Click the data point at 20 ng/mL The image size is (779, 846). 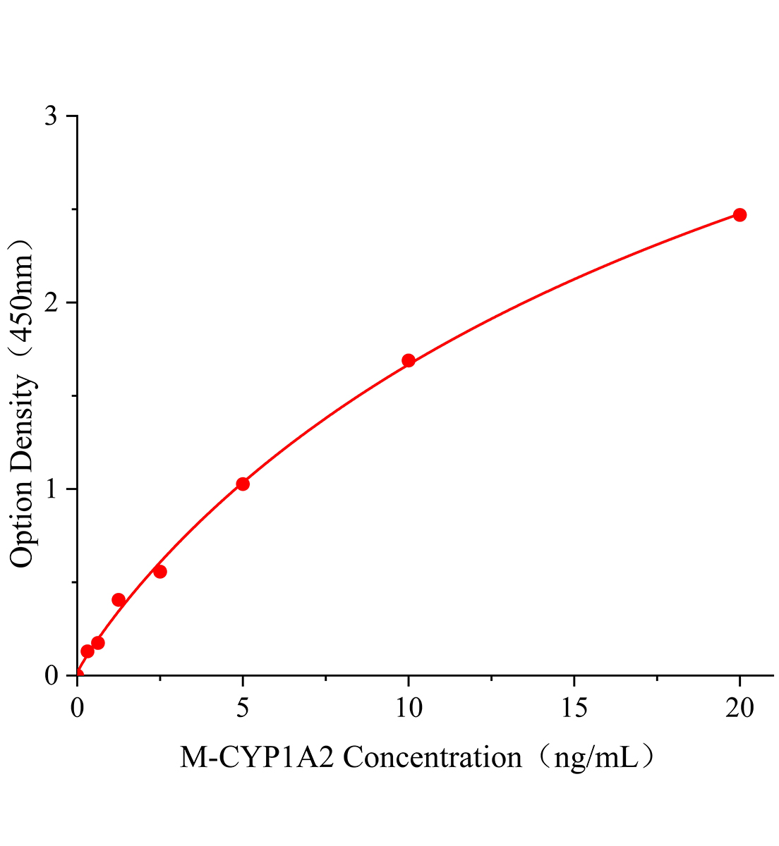739,215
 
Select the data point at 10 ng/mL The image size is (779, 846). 408,361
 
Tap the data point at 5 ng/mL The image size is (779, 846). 243,484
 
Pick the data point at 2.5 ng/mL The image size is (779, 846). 160,572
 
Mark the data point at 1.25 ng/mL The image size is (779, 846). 119,600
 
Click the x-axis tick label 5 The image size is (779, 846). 243,708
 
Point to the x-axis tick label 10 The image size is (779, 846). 408,708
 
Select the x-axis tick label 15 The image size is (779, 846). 574,708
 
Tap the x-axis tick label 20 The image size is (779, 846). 739,708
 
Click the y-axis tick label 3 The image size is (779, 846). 52,116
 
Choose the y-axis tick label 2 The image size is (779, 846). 52,303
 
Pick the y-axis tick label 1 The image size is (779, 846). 52,489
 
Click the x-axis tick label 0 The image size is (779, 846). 77,708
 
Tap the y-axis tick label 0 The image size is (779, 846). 52,676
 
